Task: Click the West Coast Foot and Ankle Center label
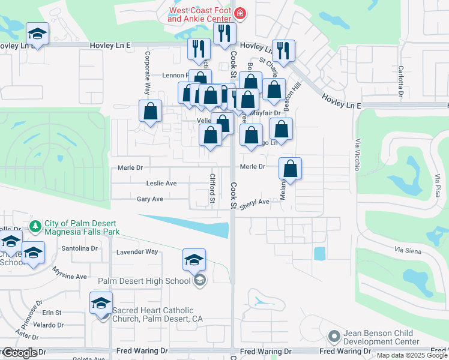[200, 14]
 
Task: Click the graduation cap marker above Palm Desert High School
[194, 260]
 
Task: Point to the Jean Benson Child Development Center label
[381, 337]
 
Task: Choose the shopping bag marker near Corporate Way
[150, 111]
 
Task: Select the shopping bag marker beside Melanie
[290, 169]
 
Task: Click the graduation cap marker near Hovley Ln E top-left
[37, 34]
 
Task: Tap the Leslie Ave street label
[161, 183]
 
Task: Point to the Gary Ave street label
[150, 199]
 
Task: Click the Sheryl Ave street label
[255, 203]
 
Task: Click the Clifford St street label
[212, 187]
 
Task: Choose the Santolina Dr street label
[79, 248]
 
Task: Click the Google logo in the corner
[20, 353]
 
